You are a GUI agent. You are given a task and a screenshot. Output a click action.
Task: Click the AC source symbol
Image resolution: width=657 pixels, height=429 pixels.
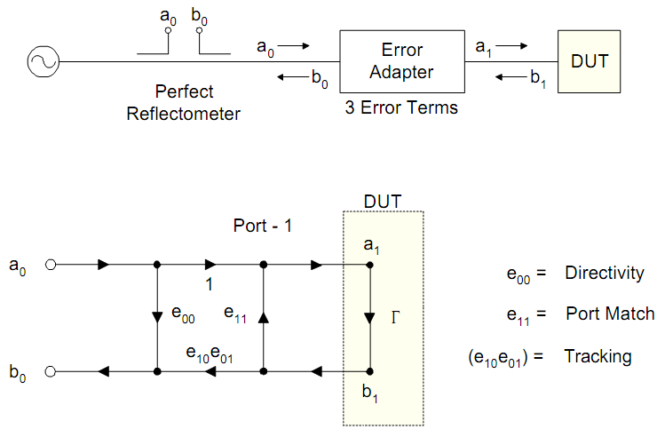click(x=42, y=61)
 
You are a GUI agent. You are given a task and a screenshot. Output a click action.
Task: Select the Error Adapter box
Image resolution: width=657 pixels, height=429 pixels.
click(x=403, y=60)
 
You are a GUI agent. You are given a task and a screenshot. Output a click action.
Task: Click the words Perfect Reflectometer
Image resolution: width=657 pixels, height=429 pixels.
click(x=183, y=102)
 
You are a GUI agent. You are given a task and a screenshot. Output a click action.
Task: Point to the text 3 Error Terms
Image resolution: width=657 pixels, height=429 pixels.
click(x=401, y=108)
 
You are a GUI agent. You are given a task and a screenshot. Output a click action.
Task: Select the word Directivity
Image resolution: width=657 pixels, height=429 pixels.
click(x=605, y=274)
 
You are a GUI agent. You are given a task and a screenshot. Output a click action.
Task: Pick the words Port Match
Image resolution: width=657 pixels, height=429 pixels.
click(x=610, y=314)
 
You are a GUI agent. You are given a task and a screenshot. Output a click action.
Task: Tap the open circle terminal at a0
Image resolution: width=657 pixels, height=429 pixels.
click(x=51, y=265)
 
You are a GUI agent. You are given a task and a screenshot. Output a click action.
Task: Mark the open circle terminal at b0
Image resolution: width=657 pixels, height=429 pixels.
click(x=51, y=371)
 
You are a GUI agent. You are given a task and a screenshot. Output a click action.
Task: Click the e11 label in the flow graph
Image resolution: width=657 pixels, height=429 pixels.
click(x=235, y=313)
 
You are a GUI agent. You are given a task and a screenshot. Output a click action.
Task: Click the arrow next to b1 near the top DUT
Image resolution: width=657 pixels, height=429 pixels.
click(x=510, y=78)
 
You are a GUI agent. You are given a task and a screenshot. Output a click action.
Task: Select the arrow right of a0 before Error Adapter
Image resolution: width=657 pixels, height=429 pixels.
click(x=298, y=44)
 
